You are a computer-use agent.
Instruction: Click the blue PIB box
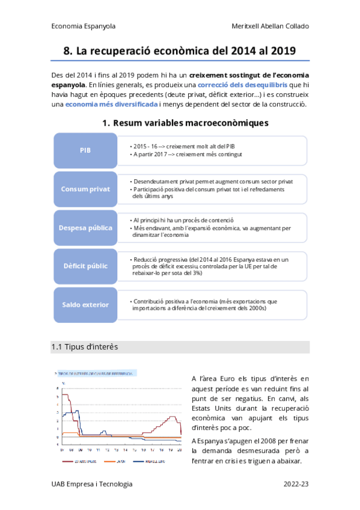coord(85,150)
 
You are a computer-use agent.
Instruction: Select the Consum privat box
coord(85,189)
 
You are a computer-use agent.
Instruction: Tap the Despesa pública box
coord(85,227)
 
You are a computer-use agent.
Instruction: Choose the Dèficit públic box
coord(85,265)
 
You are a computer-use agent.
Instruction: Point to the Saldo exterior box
coord(85,304)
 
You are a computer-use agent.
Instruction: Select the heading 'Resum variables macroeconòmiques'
coord(191,123)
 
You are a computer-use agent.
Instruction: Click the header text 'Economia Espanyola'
coord(84,26)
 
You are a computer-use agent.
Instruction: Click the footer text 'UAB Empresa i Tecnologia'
coord(92,484)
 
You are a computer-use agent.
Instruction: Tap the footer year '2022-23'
coord(296,484)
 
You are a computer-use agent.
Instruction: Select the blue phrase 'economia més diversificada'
coord(112,104)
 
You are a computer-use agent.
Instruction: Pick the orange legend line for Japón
coord(110,462)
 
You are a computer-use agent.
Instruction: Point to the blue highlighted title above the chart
coord(96,373)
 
